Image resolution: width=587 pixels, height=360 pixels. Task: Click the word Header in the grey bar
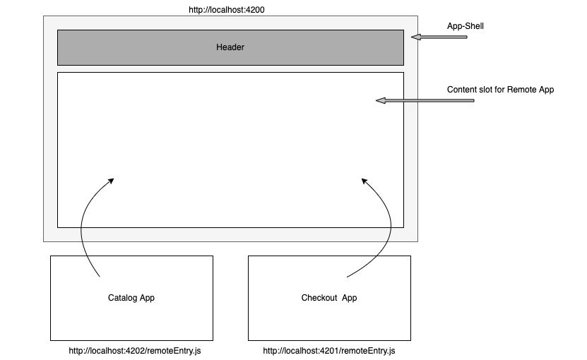pos(230,47)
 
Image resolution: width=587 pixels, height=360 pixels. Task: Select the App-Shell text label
pos(465,26)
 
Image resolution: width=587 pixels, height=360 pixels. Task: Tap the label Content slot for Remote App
pos(500,90)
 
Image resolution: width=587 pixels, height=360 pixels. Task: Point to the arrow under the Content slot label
pos(424,101)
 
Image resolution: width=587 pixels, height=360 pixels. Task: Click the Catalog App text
pos(131,298)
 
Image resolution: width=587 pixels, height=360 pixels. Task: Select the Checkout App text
pos(329,298)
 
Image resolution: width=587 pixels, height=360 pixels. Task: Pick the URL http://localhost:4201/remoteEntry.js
pos(329,351)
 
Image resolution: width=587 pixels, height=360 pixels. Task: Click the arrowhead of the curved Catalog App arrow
pos(110,181)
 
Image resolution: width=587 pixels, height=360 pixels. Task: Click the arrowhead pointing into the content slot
pos(380,101)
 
